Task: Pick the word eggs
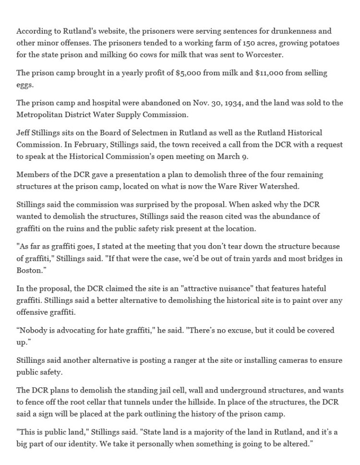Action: (24, 85)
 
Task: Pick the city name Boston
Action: (30, 270)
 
